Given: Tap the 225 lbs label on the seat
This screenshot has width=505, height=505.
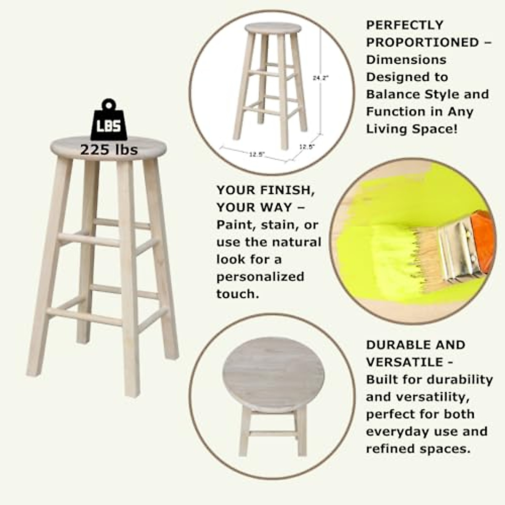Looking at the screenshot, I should [x=109, y=150].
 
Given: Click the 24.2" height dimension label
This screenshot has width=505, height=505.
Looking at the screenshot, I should [x=321, y=78].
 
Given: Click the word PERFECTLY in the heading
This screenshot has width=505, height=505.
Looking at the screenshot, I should [x=404, y=25].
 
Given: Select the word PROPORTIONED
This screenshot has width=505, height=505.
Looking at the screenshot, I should [x=422, y=43].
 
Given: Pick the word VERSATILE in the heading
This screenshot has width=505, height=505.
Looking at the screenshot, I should [x=404, y=362].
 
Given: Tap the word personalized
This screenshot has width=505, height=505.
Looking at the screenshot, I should [x=260, y=277].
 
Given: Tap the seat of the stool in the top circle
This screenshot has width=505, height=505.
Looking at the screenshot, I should [x=273, y=28].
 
